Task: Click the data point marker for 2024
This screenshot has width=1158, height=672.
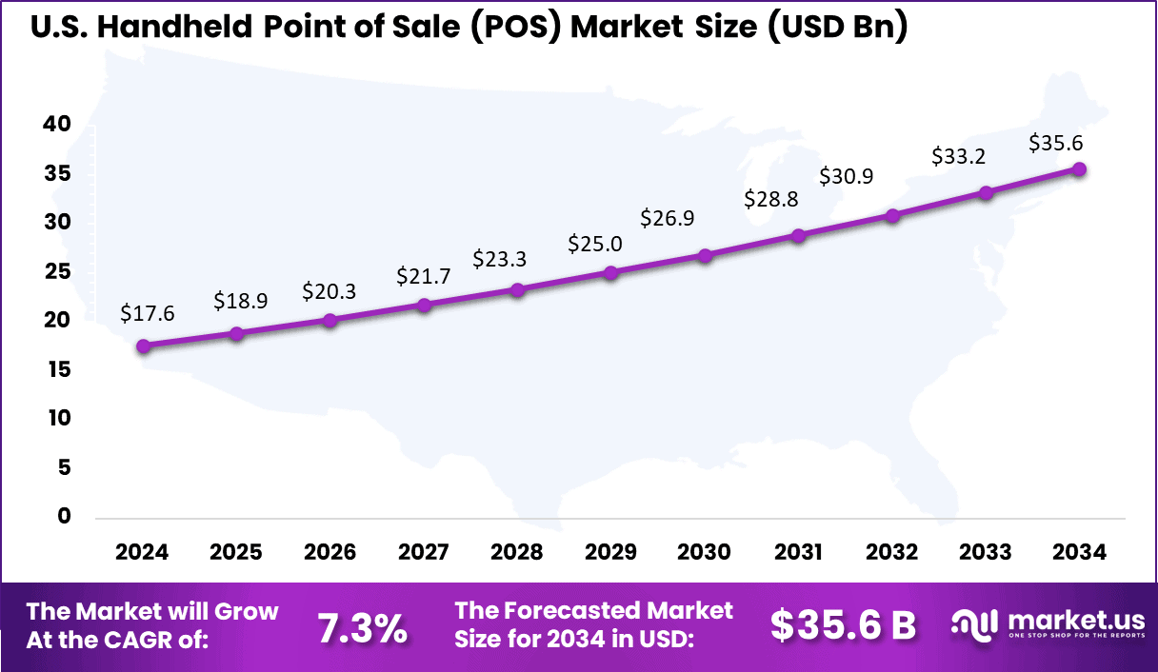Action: coord(143,346)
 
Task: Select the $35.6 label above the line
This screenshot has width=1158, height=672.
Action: coord(1056,144)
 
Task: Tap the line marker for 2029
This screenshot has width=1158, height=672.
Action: coord(611,273)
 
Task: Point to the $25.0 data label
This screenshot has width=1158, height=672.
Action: coord(595,244)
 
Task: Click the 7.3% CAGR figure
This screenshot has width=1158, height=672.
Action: coord(362,627)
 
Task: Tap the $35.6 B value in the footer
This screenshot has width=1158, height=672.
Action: coord(843,625)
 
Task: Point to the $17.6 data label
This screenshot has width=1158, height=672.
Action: coord(148,313)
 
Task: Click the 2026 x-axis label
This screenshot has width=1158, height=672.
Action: coord(330,553)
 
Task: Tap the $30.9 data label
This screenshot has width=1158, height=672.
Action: coord(847,176)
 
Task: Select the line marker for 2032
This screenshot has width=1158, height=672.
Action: coord(892,216)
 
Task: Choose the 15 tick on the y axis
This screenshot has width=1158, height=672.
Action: coord(58,369)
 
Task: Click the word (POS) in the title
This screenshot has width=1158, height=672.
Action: coord(517,29)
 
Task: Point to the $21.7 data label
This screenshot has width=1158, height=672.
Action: coord(424,277)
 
